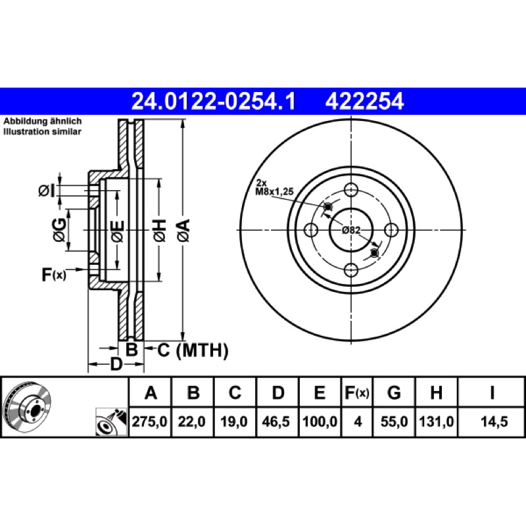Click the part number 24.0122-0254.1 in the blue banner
[x=213, y=102]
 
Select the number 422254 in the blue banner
[x=364, y=102]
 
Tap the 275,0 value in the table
[x=150, y=421]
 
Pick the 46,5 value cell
[x=275, y=421]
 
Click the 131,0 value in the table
[x=437, y=421]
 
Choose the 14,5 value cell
[x=494, y=421]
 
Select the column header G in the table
[x=394, y=392]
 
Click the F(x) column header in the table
[x=357, y=393]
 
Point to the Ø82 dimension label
[x=351, y=230]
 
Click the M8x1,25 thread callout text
[x=274, y=192]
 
